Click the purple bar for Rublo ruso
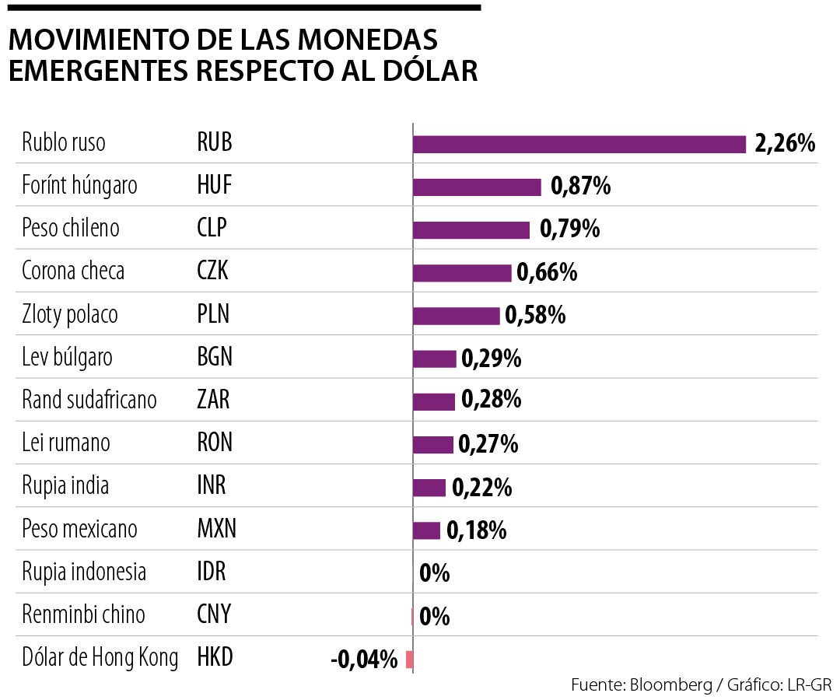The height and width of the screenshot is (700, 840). pyautogui.click(x=579, y=145)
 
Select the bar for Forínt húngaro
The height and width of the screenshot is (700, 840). pyautogui.click(x=477, y=187)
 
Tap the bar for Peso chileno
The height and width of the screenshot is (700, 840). pyautogui.click(x=471, y=230)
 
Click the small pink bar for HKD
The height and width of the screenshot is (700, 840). pyautogui.click(x=410, y=660)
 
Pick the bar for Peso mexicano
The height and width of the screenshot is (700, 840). pyautogui.click(x=426, y=530)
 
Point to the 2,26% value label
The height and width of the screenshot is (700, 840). pyautogui.click(x=785, y=144)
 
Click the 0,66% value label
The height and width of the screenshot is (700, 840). pyautogui.click(x=547, y=272)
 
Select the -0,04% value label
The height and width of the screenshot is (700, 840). pyautogui.click(x=364, y=660)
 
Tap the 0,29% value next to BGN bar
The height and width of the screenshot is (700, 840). pyautogui.click(x=492, y=359)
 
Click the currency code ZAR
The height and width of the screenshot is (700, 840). pyautogui.click(x=214, y=400)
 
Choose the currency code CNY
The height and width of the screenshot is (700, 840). pyautogui.click(x=215, y=614)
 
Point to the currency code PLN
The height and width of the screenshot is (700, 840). pyautogui.click(x=214, y=314)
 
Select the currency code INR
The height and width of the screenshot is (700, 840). pyautogui.click(x=212, y=486)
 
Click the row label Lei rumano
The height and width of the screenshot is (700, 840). pyautogui.click(x=66, y=443)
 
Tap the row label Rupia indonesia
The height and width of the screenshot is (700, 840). pyautogui.click(x=84, y=572)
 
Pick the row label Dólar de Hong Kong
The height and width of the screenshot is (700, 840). pyautogui.click(x=100, y=658)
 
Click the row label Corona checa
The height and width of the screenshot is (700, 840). pyautogui.click(x=73, y=271)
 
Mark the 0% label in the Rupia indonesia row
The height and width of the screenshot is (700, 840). pyautogui.click(x=435, y=574)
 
